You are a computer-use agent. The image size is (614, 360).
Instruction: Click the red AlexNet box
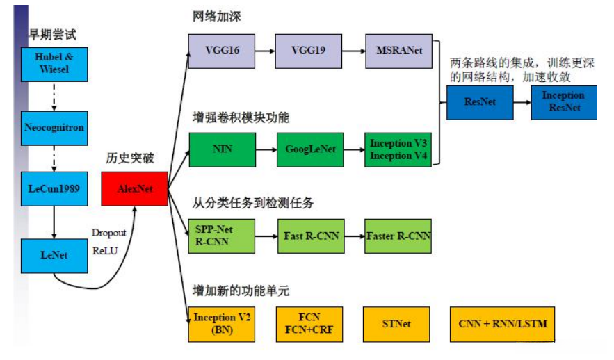(135, 188)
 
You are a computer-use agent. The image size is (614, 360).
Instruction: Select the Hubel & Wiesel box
(54, 63)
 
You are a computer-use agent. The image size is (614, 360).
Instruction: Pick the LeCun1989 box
(54, 188)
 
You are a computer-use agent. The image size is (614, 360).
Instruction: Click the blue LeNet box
(54, 255)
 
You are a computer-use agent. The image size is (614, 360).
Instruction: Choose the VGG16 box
(222, 51)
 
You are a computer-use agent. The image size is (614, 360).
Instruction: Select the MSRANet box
(398, 51)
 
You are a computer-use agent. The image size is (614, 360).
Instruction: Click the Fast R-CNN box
(310, 236)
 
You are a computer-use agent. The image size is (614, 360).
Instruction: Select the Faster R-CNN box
(398, 236)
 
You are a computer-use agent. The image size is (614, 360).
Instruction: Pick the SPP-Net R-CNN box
(222, 236)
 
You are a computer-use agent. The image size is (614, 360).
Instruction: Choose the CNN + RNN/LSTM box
(503, 324)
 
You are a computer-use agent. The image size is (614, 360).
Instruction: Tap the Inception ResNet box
(563, 101)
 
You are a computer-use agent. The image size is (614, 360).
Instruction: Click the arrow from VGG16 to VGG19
(265, 51)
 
